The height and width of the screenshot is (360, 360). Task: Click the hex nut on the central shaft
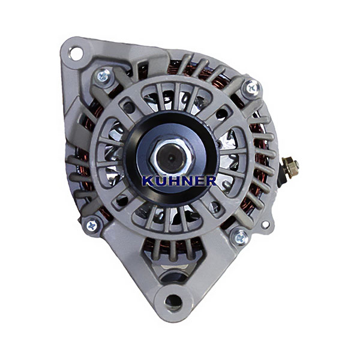point(171,156)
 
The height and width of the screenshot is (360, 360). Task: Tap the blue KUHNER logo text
point(179,181)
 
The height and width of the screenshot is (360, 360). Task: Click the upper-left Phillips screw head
point(103,76)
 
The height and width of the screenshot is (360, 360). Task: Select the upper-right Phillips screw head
point(251,88)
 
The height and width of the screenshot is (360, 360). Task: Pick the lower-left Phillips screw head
point(92,226)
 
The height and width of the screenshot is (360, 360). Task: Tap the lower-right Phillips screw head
point(239,237)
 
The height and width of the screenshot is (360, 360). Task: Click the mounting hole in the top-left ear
point(76,53)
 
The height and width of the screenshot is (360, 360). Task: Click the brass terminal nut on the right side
point(290,166)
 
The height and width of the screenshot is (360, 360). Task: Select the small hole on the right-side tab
point(265,224)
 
